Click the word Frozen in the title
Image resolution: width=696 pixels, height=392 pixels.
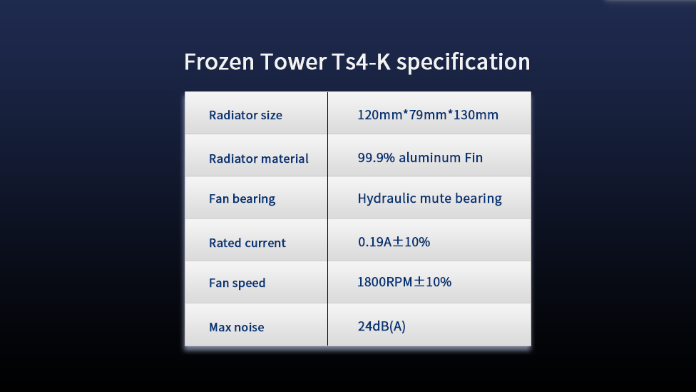219,62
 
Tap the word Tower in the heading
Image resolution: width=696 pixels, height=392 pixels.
293,62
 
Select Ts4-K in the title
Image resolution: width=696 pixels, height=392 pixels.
362,62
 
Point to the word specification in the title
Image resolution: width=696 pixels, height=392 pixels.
463,63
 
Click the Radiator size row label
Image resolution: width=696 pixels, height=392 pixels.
245,115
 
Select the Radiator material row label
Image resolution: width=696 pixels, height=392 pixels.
259,159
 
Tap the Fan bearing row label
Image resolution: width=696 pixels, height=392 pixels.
242,199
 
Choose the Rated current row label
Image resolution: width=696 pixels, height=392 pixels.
247,243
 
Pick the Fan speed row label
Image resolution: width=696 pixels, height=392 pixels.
237,283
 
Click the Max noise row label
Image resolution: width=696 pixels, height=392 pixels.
237,328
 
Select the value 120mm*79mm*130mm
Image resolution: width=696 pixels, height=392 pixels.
428,115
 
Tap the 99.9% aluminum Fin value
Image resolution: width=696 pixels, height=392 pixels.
420,158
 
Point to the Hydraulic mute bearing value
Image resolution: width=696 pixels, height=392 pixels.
430,198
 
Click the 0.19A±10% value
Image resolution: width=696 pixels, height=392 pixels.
394,242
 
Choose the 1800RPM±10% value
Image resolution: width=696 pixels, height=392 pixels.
404,282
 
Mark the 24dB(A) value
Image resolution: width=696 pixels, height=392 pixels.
382,327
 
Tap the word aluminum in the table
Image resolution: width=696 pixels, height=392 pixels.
430,158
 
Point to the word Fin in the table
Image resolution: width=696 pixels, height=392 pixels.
474,158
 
